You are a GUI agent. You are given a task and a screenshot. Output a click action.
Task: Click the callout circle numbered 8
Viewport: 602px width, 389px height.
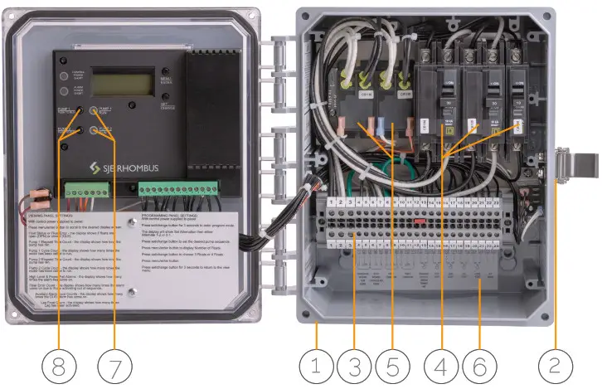pos(57,363)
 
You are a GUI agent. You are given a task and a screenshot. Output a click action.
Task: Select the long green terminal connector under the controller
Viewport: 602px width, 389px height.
pos(179,191)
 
